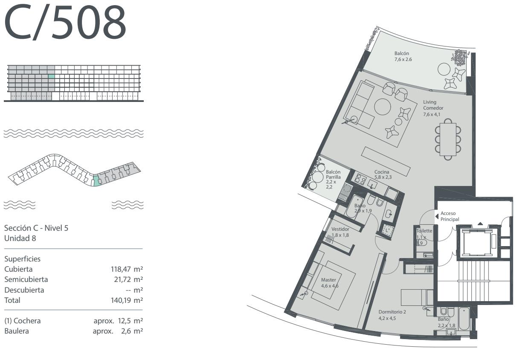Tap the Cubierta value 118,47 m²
127,269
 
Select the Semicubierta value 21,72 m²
128,279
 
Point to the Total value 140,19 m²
127,300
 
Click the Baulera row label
17,331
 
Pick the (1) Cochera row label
23,321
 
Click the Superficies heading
22,259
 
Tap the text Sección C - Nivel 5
36,228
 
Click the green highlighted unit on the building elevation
52,76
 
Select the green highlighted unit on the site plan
96,180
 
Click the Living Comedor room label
433,105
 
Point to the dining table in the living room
448,139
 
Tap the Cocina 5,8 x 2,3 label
383,175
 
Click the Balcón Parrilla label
333,174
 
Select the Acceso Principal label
450,216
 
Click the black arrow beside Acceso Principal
437,216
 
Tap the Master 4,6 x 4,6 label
330,283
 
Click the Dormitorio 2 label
392,312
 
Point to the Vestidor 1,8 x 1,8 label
340,232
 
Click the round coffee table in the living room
383,107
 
